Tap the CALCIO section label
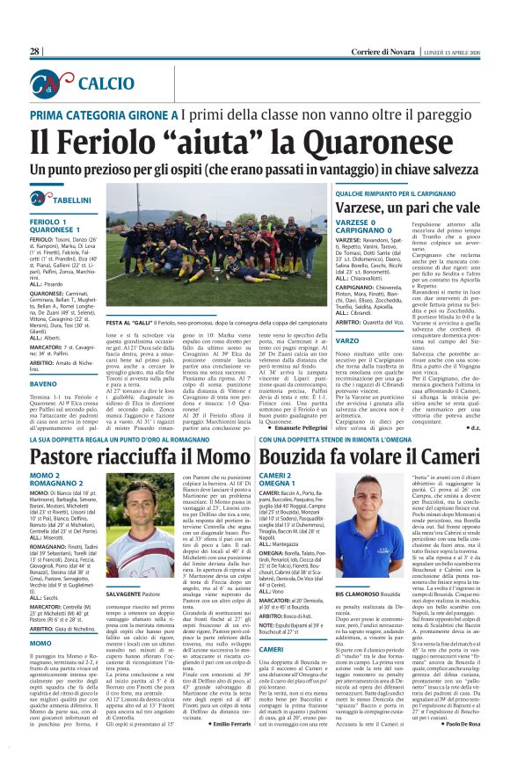[93, 84]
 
